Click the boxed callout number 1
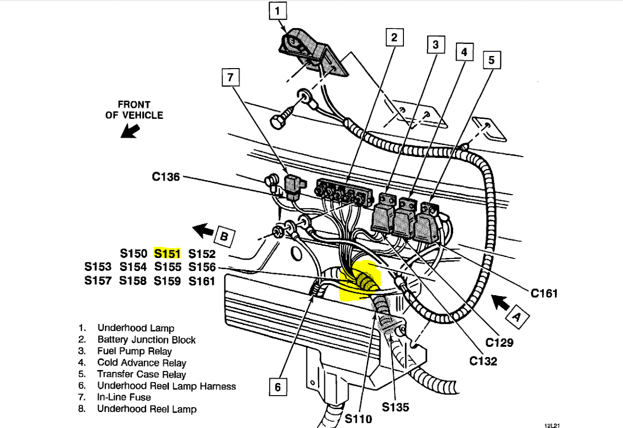(277, 11)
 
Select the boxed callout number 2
(394, 37)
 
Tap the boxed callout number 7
(231, 77)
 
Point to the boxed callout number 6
(277, 387)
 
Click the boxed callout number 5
(491, 60)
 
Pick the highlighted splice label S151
(167, 253)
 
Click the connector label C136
(166, 177)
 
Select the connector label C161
(544, 293)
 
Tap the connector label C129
(499, 342)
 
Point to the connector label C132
(483, 361)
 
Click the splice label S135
(396, 407)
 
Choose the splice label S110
(359, 418)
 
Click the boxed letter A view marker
(516, 316)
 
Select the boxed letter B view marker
(223, 236)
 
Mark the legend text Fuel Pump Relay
(134, 351)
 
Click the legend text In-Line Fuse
(124, 397)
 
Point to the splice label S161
(202, 281)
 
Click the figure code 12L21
(552, 426)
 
